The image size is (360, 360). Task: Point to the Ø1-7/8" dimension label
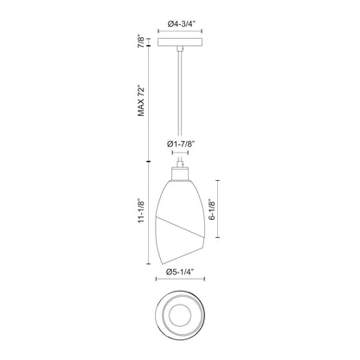click(179, 144)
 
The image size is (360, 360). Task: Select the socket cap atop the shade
click(179, 172)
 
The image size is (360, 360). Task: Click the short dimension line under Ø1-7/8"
click(179, 154)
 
